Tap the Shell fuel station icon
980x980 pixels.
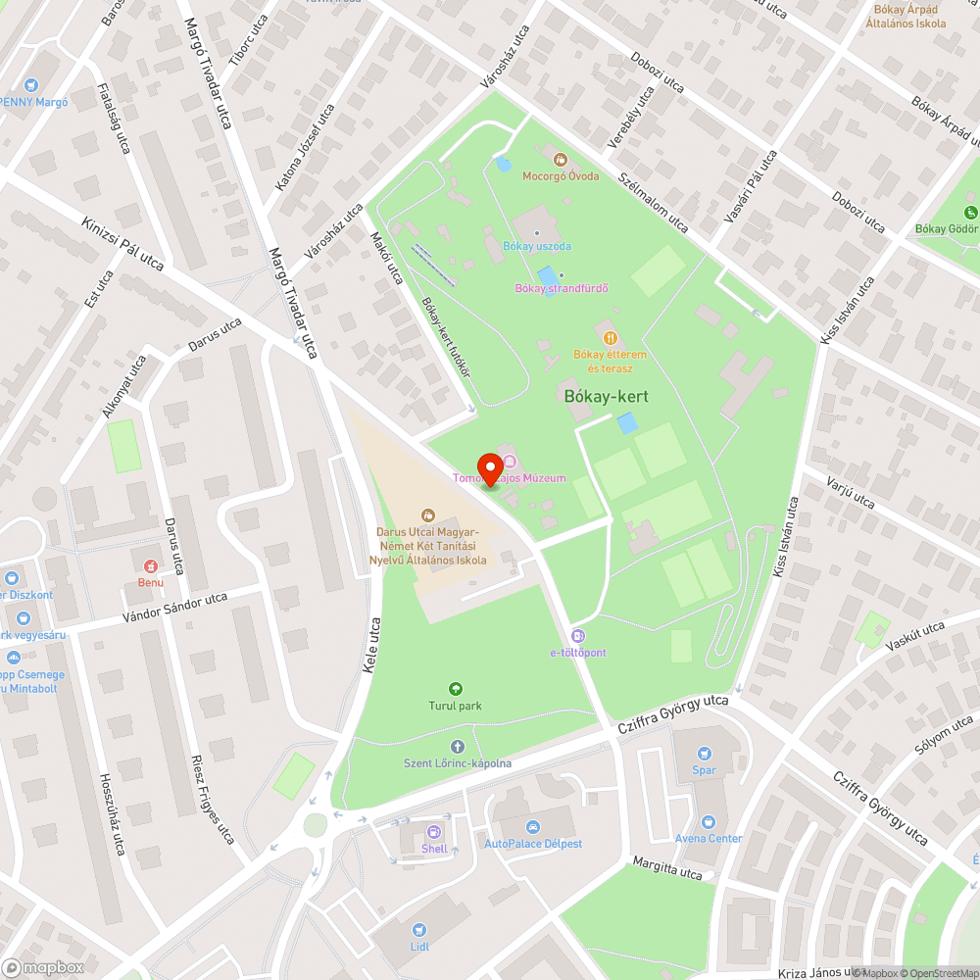coord(433,832)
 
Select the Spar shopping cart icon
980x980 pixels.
coord(704,754)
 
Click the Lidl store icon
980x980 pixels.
coord(419,930)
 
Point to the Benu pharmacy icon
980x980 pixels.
coord(150,566)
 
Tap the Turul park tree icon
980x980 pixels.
coord(455,689)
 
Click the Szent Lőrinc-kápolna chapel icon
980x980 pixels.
coord(457,747)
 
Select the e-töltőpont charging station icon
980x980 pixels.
coord(578,636)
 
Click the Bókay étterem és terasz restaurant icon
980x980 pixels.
coord(611,338)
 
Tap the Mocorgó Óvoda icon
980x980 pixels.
coord(561,159)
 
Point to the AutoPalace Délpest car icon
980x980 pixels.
coord(532,827)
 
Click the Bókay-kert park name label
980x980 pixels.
coord(607,396)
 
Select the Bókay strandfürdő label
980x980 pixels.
coord(562,288)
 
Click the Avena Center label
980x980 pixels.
coord(709,839)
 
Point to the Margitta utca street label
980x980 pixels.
coord(668,867)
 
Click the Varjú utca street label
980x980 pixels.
coord(850,488)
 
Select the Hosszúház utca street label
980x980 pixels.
coord(113,813)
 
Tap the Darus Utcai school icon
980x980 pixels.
coord(427,514)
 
